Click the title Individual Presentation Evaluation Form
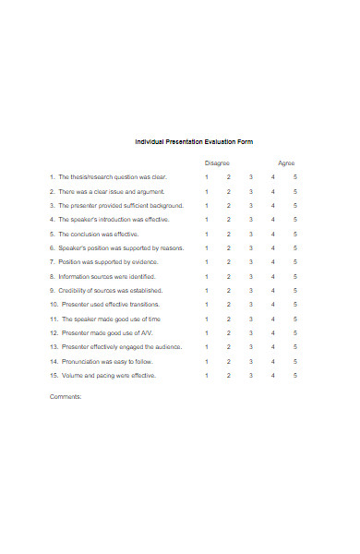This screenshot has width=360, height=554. (194, 141)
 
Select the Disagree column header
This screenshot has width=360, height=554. (217, 163)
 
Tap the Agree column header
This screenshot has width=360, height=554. (286, 163)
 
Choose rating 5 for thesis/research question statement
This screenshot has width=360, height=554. (295, 176)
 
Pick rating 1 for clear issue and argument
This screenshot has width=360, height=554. (207, 191)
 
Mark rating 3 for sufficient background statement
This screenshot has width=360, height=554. (251, 205)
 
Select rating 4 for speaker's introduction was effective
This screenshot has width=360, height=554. (273, 220)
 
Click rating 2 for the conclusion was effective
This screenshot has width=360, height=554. (229, 234)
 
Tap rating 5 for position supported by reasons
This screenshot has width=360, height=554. (295, 247)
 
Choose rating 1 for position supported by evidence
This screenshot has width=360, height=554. (207, 262)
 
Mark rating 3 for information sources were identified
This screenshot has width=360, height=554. (251, 276)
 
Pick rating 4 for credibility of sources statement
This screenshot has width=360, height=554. (273, 290)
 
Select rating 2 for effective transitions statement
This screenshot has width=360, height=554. (229, 304)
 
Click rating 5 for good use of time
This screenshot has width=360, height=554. (295, 319)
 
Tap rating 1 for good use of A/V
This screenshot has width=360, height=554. (207, 332)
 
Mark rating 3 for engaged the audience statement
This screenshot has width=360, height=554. (251, 347)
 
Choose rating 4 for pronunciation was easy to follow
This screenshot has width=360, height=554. (273, 361)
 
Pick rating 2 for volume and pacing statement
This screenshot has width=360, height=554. (229, 376)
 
